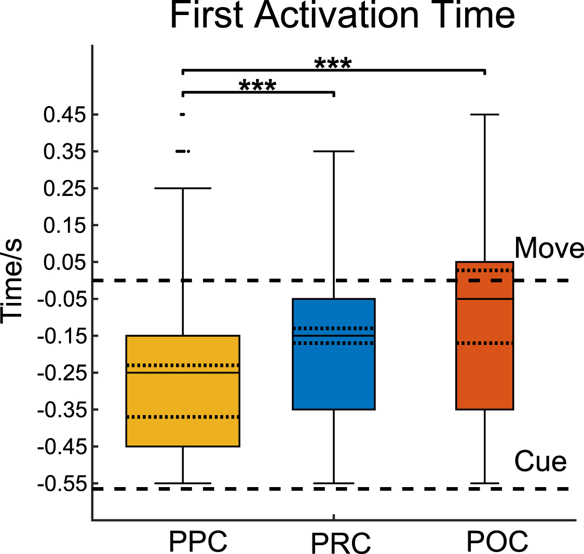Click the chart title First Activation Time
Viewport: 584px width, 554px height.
(x=342, y=16)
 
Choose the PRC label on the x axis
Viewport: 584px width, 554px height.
(x=341, y=543)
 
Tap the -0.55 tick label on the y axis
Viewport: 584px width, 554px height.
(x=62, y=484)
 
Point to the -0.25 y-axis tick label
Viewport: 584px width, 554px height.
(x=62, y=373)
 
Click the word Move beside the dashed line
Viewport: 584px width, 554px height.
(x=549, y=248)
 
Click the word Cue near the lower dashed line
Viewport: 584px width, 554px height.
(x=540, y=461)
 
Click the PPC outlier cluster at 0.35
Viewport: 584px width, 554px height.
(x=183, y=151)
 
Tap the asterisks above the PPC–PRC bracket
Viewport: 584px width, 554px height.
(x=257, y=86)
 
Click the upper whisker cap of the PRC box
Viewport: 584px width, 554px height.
(x=333, y=151)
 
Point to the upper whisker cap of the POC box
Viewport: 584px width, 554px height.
(x=484, y=114)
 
